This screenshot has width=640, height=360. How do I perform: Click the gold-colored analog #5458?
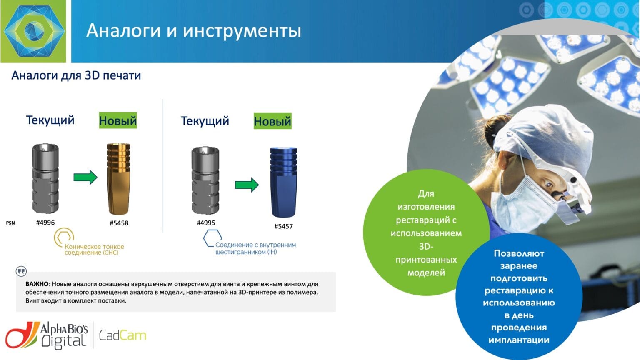pyautogui.click(x=118, y=179)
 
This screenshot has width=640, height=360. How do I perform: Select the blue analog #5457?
pyautogui.click(x=283, y=182)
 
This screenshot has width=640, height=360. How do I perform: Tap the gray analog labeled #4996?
pyautogui.click(x=45, y=178)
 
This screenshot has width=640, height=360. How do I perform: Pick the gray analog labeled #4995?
pyautogui.click(x=205, y=180)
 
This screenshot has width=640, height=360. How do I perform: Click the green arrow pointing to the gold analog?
pyautogui.click(x=85, y=177)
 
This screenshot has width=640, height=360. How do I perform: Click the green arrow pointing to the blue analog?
pyautogui.click(x=247, y=185)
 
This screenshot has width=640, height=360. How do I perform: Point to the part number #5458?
pyautogui.click(x=119, y=223)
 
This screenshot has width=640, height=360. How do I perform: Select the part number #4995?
pyautogui.click(x=206, y=223)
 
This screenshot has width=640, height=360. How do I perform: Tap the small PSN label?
pyautogui.click(x=10, y=223)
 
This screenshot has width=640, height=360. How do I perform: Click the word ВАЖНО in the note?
pyautogui.click(x=37, y=284)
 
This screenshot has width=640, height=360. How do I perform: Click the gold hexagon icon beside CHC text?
pyautogui.click(x=64, y=237)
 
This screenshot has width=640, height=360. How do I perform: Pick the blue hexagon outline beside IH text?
pyautogui.click(x=212, y=238)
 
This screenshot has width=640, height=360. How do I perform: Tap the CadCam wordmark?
pyautogui.click(x=122, y=335)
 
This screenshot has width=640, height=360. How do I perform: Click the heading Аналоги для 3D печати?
pyautogui.click(x=76, y=75)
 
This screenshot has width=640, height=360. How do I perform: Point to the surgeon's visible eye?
pyautogui.click(x=548, y=184)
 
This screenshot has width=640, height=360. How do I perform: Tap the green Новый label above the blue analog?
pyautogui.click(x=272, y=121)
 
